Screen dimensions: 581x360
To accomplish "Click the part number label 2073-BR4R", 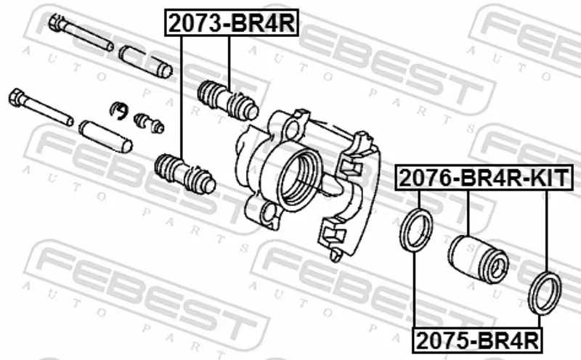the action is (x=232, y=23).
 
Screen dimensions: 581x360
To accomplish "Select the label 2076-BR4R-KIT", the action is (x=484, y=177).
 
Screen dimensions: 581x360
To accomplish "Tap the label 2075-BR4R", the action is (x=477, y=340).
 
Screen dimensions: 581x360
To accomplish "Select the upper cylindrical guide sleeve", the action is (x=146, y=62).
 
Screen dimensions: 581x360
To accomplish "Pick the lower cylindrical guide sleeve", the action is (x=105, y=136).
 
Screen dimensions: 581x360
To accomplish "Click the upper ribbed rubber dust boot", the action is (x=228, y=100).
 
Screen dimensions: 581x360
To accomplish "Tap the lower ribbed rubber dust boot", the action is (x=185, y=173).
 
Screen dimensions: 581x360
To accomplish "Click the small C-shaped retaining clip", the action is (x=119, y=110).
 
